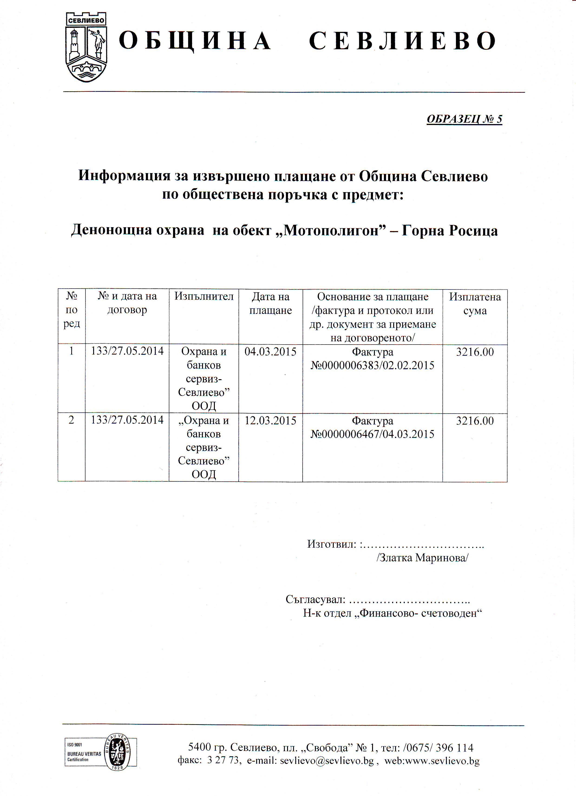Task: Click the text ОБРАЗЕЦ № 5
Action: pyautogui.click(x=464, y=119)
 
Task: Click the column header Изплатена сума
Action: pyautogui.click(x=475, y=304)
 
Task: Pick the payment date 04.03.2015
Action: pyautogui.click(x=270, y=352)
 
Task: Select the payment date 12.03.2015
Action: pyautogui.click(x=270, y=421)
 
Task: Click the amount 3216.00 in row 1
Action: pyautogui.click(x=475, y=352)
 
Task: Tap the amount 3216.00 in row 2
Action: pyautogui.click(x=475, y=421)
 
